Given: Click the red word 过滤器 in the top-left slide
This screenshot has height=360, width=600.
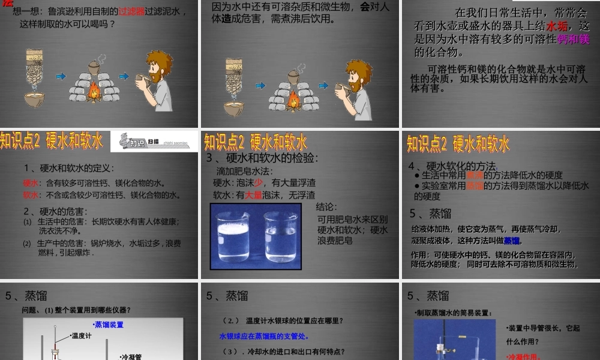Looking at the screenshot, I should pos(133,11).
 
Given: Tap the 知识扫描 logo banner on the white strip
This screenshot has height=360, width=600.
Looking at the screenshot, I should pos(154,141).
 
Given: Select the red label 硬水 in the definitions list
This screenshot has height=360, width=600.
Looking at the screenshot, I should pos(30,183).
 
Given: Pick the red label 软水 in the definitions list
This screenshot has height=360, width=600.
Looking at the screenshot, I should pos(30,195).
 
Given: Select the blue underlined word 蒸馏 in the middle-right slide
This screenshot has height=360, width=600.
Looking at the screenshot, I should pos(512,241).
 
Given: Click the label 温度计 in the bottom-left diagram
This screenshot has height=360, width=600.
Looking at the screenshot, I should pos(82,336).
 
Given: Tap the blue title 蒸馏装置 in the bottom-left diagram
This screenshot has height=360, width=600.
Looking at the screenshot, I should pos(108,325).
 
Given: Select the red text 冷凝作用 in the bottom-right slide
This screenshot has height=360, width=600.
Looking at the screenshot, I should pos(524,356).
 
